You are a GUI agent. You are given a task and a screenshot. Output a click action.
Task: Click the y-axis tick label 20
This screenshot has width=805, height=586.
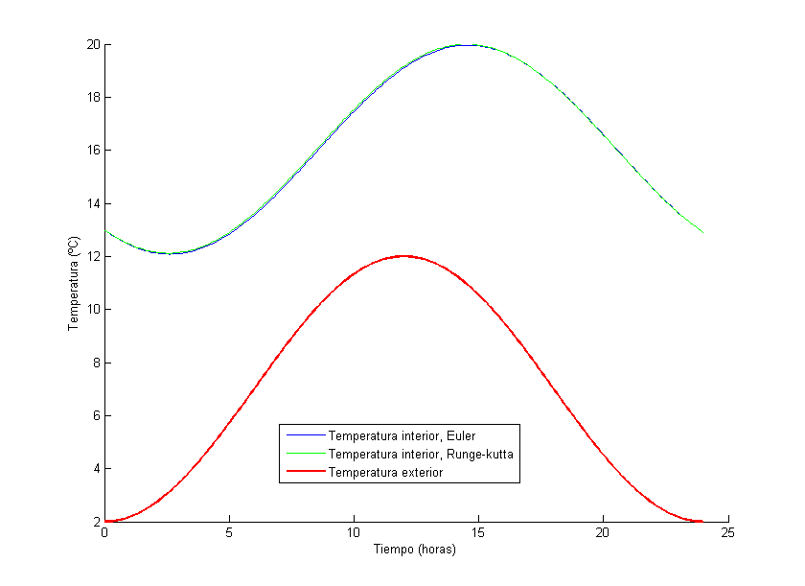pos(93,44)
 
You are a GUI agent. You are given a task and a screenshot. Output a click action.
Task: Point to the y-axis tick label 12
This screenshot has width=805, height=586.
pos(93,256)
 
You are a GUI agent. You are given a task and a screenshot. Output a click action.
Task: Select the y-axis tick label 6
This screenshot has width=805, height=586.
pos(96,415)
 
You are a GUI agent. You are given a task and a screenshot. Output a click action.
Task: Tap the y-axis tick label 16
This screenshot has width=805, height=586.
pos(93,151)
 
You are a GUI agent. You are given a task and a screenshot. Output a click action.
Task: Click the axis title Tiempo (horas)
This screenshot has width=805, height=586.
pos(414,551)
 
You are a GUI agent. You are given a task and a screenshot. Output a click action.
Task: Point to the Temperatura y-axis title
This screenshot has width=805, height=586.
pos(73,283)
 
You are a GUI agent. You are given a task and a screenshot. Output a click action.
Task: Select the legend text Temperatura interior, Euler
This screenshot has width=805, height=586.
pos(402,435)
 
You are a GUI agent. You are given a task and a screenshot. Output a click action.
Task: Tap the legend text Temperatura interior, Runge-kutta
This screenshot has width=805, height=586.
pos(422,454)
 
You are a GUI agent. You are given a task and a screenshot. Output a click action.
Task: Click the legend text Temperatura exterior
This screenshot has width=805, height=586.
pos(385,472)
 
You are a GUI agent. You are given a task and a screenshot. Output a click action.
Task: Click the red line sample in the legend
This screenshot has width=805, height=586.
pos(303,472)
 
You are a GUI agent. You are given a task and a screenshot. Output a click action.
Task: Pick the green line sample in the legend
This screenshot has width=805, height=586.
pos(303,454)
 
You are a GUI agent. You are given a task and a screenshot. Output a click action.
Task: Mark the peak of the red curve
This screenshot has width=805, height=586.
pos(403,256)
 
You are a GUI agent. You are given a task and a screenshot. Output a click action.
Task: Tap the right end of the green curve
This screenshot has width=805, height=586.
pos(702,232)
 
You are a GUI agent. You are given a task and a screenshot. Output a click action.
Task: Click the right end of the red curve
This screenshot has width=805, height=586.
pos(702,522)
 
